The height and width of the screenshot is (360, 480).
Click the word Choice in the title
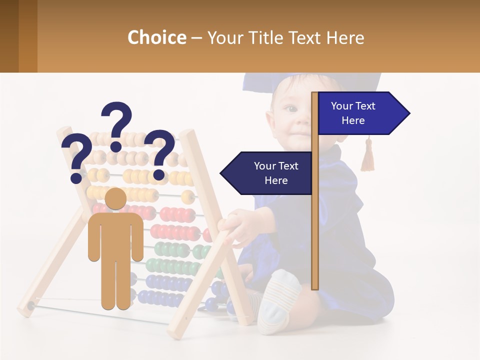pos(156,37)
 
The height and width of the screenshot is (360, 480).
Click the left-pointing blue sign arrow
pos(267,173)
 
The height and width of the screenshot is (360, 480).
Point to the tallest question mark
pos(117,125)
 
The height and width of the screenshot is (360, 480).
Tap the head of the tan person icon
pos(116,199)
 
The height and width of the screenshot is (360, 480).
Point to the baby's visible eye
pos(289,108)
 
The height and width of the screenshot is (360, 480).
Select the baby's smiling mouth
pos(299,133)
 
